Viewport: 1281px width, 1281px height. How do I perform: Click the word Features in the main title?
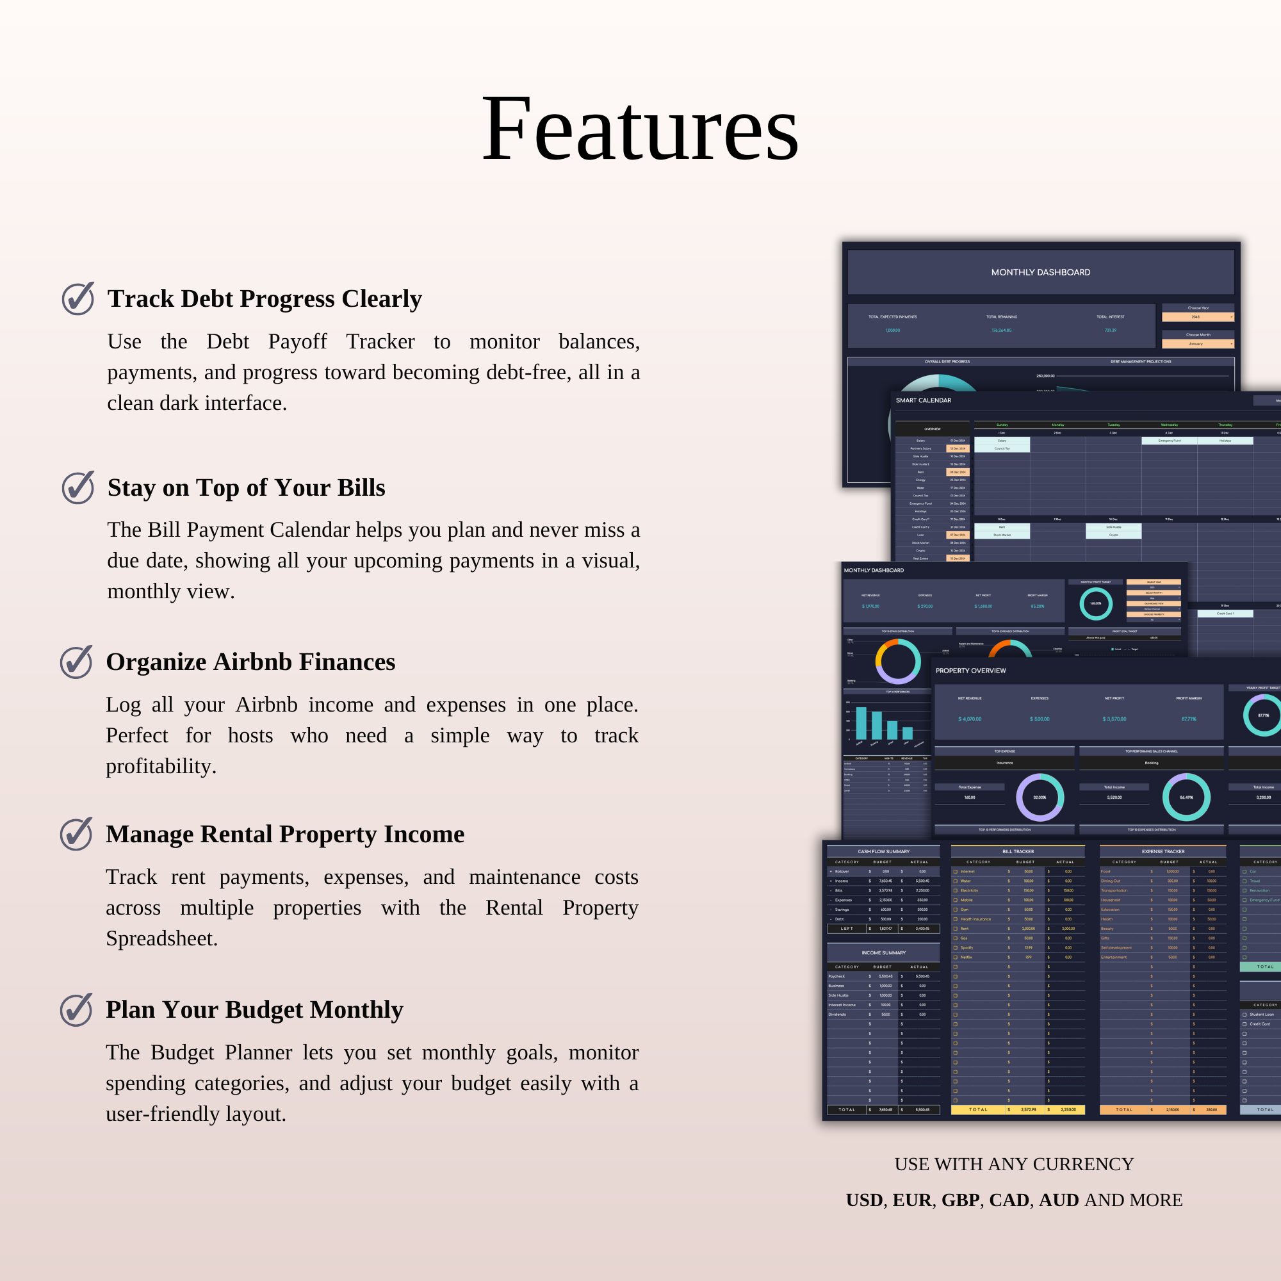pos(640,129)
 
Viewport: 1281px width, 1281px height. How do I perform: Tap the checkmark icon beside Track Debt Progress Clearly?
pos(78,298)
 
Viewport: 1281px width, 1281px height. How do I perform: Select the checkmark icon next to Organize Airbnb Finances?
pos(76,662)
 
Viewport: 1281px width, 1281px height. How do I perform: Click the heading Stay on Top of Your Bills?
pos(246,487)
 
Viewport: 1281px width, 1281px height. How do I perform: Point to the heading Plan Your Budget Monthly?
pos(255,1009)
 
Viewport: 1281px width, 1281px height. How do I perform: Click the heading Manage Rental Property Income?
pos(285,833)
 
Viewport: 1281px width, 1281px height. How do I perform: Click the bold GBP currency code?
pos(960,1200)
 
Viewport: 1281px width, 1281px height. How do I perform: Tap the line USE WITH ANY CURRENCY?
pos(1014,1164)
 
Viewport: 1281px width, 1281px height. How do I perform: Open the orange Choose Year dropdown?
pos(1198,317)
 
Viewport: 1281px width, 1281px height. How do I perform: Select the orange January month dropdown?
pos(1198,344)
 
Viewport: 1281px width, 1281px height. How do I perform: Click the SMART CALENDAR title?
pos(923,400)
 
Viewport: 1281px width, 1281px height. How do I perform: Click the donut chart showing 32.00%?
pos(1040,797)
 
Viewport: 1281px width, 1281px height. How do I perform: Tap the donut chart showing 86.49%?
pos(1186,797)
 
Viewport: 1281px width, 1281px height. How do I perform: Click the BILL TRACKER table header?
pos(1018,851)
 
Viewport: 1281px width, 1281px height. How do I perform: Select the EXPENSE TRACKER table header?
pos(1163,851)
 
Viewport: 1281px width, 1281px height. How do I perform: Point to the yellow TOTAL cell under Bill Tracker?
pos(978,1109)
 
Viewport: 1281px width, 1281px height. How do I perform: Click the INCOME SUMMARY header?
pos(883,953)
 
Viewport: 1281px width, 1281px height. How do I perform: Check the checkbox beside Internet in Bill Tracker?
pos(956,872)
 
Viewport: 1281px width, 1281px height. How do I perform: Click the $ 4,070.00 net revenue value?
pos(969,719)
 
